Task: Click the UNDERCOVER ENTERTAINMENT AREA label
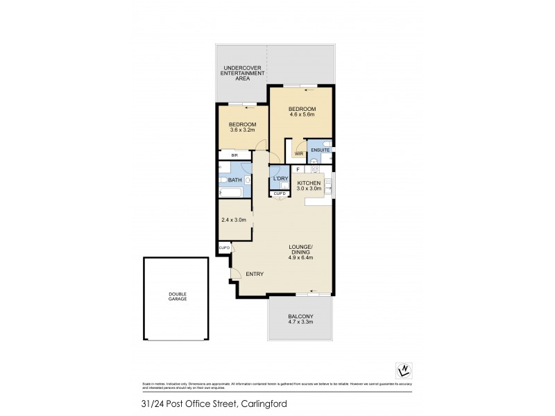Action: (x=242, y=73)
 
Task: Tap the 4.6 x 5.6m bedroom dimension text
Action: (x=302, y=116)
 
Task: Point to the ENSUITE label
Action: (x=320, y=150)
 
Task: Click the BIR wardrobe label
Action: (x=225, y=155)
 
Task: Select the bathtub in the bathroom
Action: (x=230, y=192)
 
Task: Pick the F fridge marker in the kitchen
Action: (x=298, y=168)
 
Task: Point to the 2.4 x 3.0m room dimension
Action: (x=234, y=220)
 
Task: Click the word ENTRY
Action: (x=254, y=274)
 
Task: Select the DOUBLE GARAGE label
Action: (x=178, y=296)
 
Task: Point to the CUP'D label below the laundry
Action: (x=279, y=193)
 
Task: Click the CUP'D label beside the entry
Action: (x=225, y=248)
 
